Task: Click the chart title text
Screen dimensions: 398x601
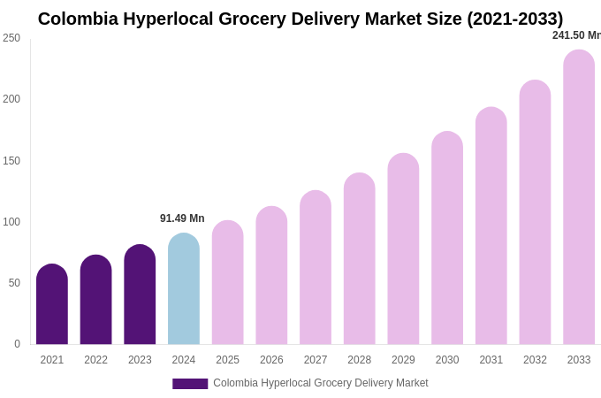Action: coord(300,19)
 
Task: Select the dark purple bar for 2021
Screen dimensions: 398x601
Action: coord(52,305)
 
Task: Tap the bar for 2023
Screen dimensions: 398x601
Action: coord(140,295)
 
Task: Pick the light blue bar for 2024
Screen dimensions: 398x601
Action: coord(184,289)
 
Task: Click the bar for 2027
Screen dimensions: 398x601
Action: coord(316,268)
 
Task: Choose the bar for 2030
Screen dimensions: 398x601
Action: coord(447,239)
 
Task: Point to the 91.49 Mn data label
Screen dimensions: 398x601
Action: coord(182,218)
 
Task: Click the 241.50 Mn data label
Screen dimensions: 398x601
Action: coord(576,35)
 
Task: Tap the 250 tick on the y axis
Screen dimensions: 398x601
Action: coord(11,38)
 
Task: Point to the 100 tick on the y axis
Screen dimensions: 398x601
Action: coord(11,222)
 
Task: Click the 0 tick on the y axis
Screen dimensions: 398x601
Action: coord(17,344)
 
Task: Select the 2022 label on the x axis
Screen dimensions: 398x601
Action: coord(95,360)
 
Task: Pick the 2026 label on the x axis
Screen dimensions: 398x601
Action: coord(271,360)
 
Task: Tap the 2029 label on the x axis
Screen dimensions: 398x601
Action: coord(403,360)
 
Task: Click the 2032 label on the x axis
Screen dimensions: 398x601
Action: coord(535,360)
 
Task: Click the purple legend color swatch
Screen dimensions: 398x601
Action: coord(190,384)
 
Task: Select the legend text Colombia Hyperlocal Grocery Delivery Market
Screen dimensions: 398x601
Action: coord(320,383)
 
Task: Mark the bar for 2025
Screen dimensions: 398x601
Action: coord(228,283)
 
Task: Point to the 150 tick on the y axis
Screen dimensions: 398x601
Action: coord(11,161)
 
